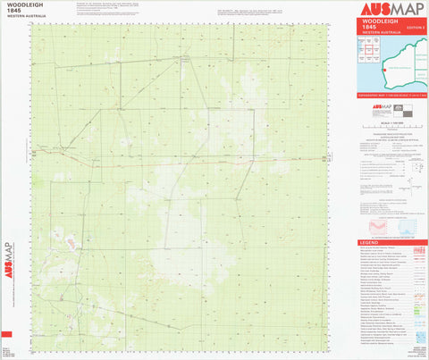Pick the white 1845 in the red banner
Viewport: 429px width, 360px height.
click(x=368, y=29)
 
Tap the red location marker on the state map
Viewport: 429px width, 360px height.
click(x=385, y=67)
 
